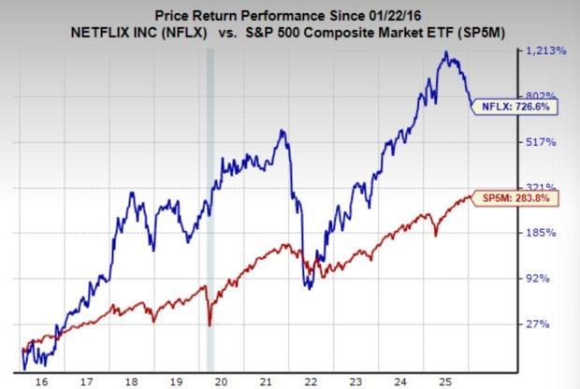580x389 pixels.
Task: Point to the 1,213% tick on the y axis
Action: [546, 50]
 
